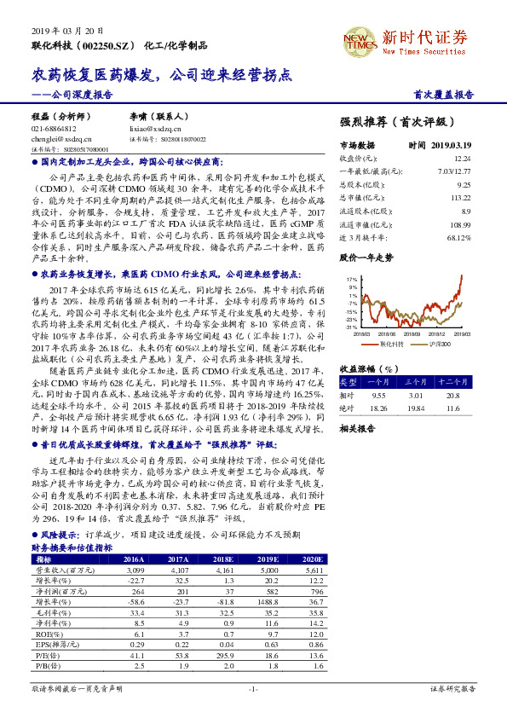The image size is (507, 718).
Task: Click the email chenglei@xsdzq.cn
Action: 55,136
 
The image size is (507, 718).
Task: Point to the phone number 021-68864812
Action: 53,127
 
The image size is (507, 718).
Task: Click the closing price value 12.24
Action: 462,158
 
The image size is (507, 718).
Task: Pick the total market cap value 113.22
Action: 460,196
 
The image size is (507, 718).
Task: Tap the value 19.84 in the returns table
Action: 415,407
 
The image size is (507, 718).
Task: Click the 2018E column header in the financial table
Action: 226,535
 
